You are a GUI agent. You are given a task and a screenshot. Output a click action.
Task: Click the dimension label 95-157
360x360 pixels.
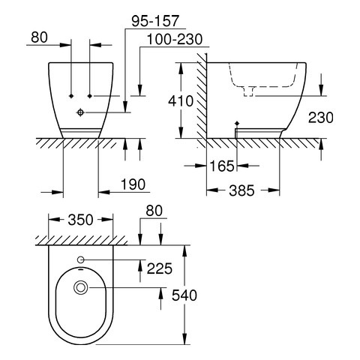tap(155, 21)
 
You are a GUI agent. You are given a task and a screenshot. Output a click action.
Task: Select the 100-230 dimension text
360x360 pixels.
tap(175, 40)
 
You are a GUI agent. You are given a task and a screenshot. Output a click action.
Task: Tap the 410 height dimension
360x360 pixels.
tap(181, 101)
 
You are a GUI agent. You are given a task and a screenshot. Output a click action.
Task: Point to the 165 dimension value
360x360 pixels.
tap(222, 166)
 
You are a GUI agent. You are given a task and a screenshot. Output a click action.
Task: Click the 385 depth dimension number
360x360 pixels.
tap(241, 190)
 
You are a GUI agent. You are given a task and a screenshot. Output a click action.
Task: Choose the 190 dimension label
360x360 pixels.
tap(133, 184)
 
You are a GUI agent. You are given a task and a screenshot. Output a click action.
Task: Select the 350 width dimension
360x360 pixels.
tap(80, 220)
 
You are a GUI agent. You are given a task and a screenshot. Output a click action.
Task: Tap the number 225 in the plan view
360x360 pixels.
tap(160, 268)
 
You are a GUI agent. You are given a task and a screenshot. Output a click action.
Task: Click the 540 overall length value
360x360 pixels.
tap(184, 295)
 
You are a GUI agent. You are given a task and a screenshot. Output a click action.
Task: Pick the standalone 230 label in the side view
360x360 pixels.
tap(321, 118)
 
